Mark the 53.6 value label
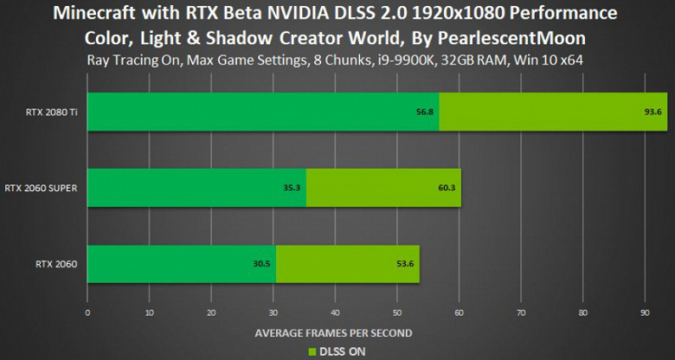coord(404,264)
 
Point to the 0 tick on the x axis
coord(87,312)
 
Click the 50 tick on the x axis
coord(397,312)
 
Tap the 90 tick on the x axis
coord(645,312)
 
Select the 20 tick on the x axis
coord(211,312)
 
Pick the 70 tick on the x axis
coord(521,312)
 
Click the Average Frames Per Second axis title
coord(334,332)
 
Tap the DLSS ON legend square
coord(313,350)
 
